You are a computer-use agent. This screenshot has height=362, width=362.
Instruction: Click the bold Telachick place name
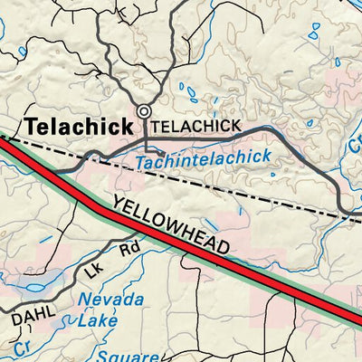(80, 128)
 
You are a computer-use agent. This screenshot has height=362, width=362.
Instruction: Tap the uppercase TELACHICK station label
(196, 126)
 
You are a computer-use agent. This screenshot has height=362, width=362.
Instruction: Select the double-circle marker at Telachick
(143, 112)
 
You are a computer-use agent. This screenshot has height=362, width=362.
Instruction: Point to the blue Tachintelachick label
(204, 160)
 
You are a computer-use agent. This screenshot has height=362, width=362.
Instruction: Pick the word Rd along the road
(131, 248)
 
